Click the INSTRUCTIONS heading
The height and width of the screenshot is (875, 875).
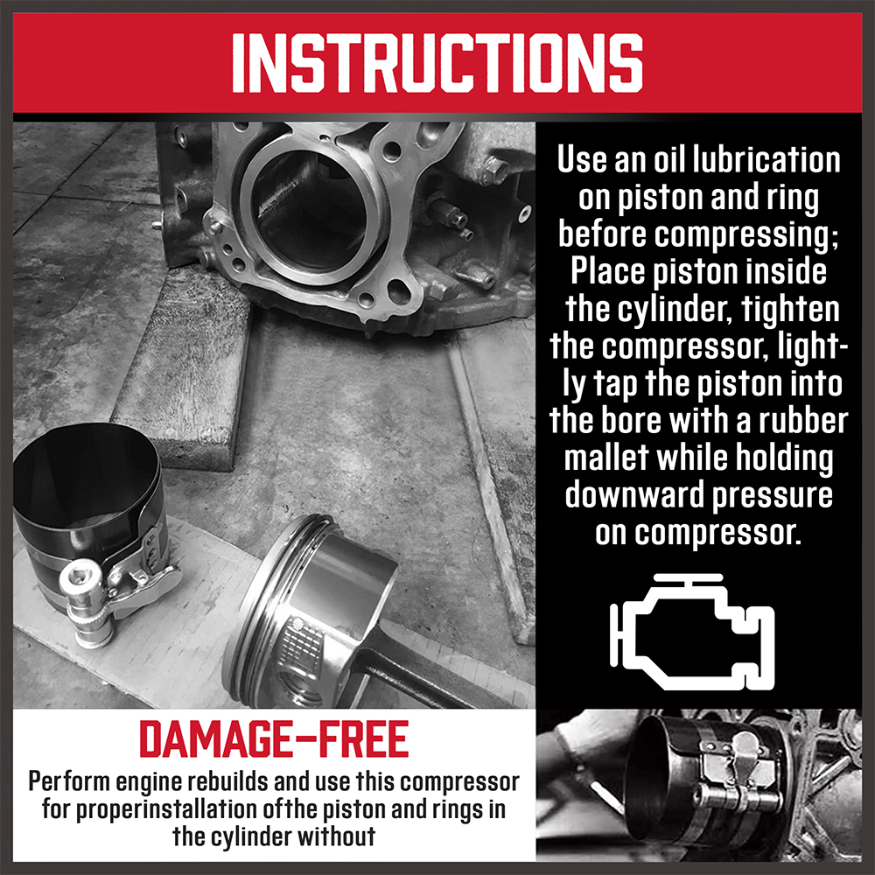pyautogui.click(x=437, y=62)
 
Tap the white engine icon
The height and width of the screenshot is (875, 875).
pyautogui.click(x=692, y=631)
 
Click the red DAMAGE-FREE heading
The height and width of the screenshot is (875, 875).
pyautogui.click(x=274, y=738)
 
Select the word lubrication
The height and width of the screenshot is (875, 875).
pyautogui.click(x=766, y=160)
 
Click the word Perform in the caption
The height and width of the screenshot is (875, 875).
pyautogui.click(x=70, y=781)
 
